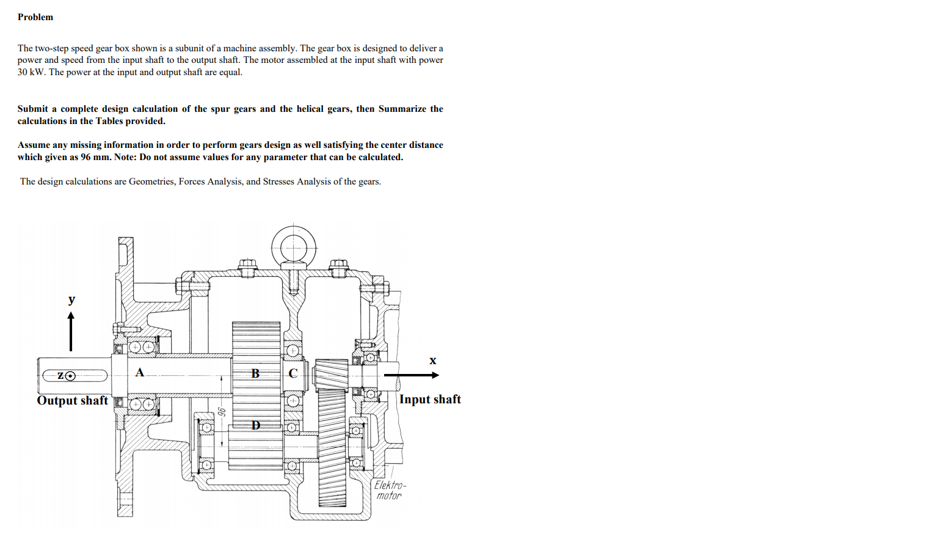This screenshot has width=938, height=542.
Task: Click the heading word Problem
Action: tap(35, 17)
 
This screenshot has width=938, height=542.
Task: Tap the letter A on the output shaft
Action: tap(140, 372)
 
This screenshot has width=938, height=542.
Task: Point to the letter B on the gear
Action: tap(255, 373)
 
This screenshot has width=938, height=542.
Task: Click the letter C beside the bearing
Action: tap(293, 373)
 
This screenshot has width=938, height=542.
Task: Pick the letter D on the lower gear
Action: tap(256, 425)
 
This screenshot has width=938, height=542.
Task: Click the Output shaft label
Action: tap(72, 400)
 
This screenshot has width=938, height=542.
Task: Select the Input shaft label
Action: tap(430, 399)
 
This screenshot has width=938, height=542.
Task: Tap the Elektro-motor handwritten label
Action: tap(390, 490)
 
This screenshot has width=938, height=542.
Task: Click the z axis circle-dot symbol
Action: tap(71, 376)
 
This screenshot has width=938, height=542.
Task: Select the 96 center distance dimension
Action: tap(222, 412)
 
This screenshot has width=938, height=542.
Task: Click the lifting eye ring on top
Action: tap(294, 247)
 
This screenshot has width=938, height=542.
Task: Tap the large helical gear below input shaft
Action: tap(332, 446)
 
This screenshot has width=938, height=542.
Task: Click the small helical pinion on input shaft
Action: tap(332, 373)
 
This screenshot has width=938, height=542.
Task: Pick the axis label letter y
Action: tap(72, 299)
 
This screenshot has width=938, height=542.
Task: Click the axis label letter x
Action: tap(433, 361)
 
